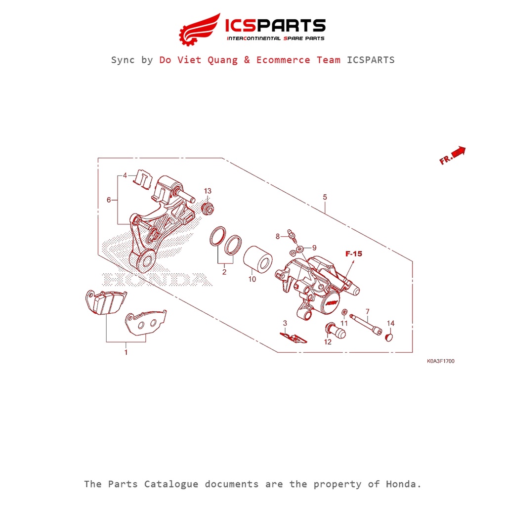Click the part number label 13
(x=208, y=191)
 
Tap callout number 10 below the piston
(x=252, y=279)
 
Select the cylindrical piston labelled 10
(x=257, y=259)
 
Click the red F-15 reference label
(x=354, y=254)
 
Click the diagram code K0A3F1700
(x=441, y=361)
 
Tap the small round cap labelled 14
(x=390, y=337)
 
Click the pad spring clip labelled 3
(x=293, y=337)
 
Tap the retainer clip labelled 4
(x=143, y=179)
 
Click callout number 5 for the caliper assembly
(x=325, y=197)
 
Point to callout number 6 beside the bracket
(x=109, y=200)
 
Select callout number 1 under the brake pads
(x=126, y=352)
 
